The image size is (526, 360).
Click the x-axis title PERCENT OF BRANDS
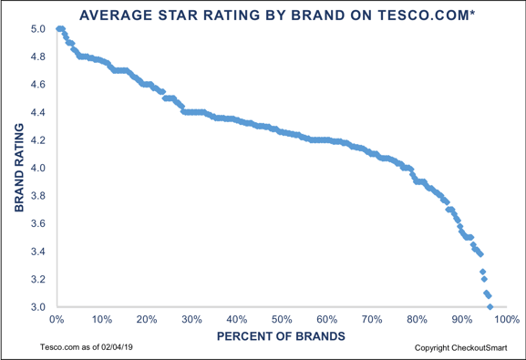click(281, 336)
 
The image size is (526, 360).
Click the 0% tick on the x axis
click(57, 320)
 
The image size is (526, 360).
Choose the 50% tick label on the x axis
click(281, 320)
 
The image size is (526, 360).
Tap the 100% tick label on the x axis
click(507, 320)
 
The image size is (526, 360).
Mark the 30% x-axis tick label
click(191, 320)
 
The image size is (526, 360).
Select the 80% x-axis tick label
click(417, 320)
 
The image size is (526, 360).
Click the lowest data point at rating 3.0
click(490, 306)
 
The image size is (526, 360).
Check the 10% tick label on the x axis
click(101, 320)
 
